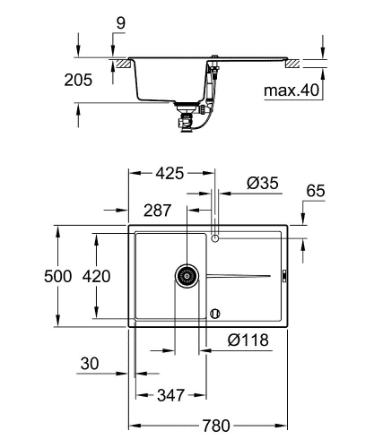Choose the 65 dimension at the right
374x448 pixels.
(315, 190)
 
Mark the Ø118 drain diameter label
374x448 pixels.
(247, 340)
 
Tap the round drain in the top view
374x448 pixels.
(186, 275)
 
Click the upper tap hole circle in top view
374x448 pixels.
(214, 237)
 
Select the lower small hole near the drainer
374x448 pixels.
(214, 313)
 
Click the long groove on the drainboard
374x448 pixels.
(238, 275)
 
